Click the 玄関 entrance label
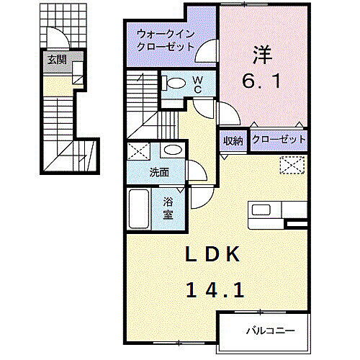58,60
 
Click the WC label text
198,84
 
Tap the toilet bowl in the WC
172,83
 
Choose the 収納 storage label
232,140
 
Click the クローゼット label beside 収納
279,140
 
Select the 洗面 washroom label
159,173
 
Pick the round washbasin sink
171,151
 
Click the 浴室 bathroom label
167,208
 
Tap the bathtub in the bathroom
139,210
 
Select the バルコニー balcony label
265,332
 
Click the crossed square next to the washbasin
139,152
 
